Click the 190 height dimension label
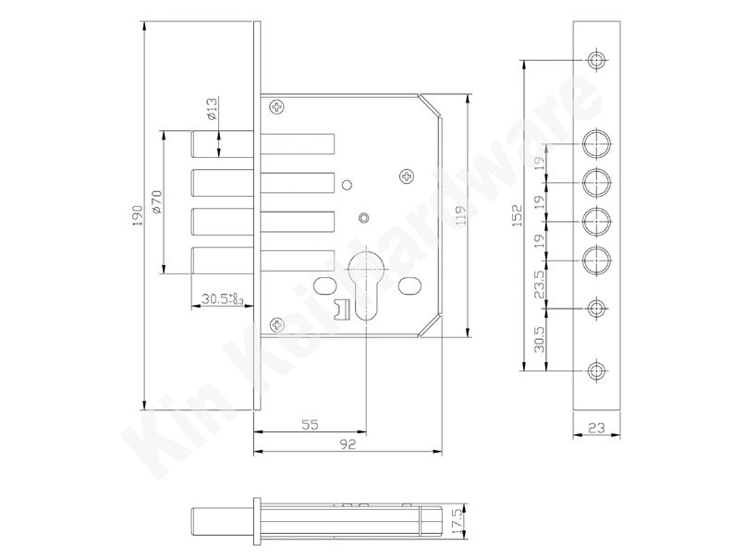tap(138, 215)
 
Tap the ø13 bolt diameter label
tap(212, 108)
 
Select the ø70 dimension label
tap(156, 201)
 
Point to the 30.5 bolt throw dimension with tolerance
tap(223, 298)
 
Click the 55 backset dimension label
tap(310, 424)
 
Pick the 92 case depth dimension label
tap(348, 444)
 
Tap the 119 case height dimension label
tap(460, 214)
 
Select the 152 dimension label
tap(517, 214)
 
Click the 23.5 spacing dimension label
tap(539, 285)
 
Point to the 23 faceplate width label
tap(596, 428)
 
